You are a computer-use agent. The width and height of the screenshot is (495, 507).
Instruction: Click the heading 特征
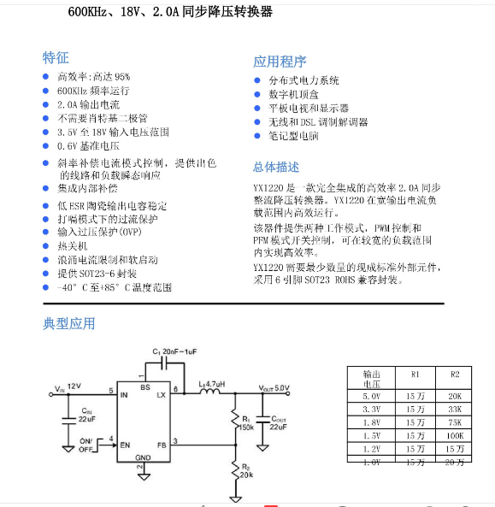[56, 58]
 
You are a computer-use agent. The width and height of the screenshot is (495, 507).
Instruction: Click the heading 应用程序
[280, 62]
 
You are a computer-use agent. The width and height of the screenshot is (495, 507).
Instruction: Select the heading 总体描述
[276, 167]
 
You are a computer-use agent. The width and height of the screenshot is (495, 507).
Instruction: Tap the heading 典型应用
[69, 323]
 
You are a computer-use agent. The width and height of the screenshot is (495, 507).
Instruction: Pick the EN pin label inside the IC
[125, 443]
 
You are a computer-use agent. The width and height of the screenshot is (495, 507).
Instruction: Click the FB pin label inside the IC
[160, 443]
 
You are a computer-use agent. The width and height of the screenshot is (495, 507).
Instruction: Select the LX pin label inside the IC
[160, 394]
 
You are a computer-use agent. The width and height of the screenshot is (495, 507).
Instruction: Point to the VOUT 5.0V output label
[273, 387]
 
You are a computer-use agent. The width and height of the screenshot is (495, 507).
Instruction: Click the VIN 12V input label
[68, 387]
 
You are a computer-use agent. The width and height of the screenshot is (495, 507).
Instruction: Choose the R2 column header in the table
[454, 374]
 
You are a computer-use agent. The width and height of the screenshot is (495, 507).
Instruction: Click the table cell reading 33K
[454, 409]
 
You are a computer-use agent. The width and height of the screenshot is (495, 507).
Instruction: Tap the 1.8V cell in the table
[372, 422]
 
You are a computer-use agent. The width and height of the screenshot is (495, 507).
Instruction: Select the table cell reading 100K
[454, 435]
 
